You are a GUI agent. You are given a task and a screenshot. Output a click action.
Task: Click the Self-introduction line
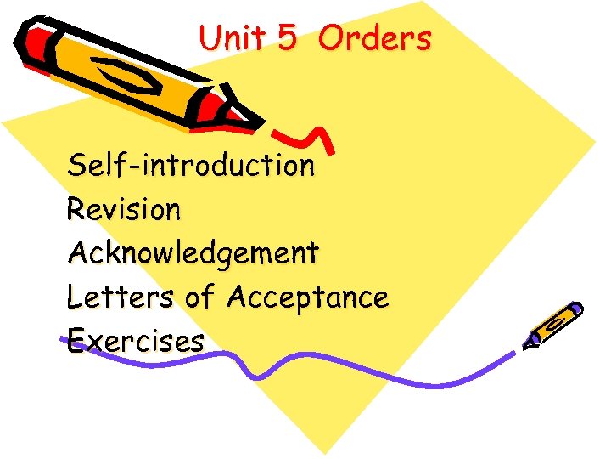[191, 164]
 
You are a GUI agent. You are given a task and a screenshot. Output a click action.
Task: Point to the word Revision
[123, 209]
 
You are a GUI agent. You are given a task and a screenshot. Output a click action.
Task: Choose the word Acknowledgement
[193, 252]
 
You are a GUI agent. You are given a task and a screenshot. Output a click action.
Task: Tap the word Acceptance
[307, 298]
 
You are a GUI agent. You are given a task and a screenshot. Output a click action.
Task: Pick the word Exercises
[135, 341]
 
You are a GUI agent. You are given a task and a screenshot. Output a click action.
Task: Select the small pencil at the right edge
[554, 324]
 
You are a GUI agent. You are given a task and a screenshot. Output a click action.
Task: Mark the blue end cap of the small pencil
[576, 309]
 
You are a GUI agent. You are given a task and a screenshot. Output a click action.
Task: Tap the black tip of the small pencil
[530, 343]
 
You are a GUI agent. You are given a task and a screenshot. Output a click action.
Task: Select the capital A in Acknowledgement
[79, 252]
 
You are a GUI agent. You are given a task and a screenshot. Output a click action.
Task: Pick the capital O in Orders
[334, 38]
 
